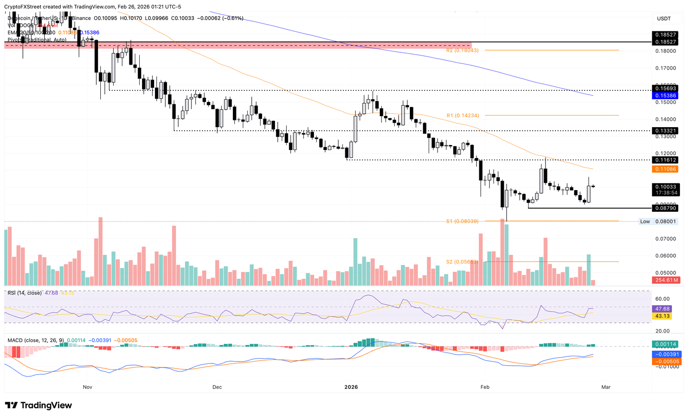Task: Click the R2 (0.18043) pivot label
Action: pyautogui.click(x=462, y=51)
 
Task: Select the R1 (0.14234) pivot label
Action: pyautogui.click(x=463, y=115)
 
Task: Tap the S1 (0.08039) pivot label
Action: pyautogui.click(x=462, y=222)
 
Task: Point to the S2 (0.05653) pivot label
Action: pyautogui.click(x=462, y=262)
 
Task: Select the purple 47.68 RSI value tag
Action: pyautogui.click(x=662, y=309)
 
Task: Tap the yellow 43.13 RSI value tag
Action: pyautogui.click(x=662, y=316)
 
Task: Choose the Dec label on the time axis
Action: pyautogui.click(x=217, y=387)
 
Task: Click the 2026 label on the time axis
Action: pyautogui.click(x=351, y=387)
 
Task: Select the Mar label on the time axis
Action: pyautogui.click(x=606, y=387)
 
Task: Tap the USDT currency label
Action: pyautogui.click(x=664, y=18)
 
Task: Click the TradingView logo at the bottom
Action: pyautogui.click(x=39, y=405)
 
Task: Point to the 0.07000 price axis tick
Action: pyautogui.click(x=666, y=239)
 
